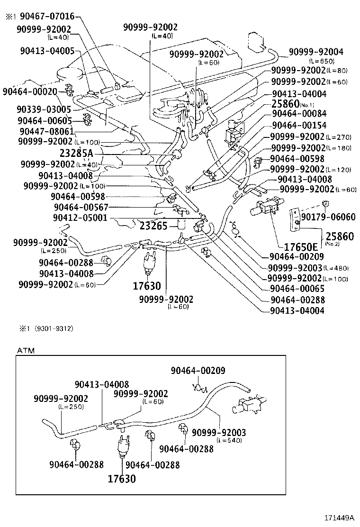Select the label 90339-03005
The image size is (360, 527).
click(x=43, y=109)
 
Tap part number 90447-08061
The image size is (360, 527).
click(x=46, y=131)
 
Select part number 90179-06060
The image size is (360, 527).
click(x=328, y=217)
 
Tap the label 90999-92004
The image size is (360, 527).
click(x=316, y=52)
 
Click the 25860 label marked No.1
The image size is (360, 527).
click(x=286, y=104)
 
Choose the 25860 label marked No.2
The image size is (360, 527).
click(x=338, y=236)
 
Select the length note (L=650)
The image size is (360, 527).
click(x=322, y=61)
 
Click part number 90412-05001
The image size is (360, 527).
click(x=80, y=218)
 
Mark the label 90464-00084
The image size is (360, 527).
click(x=299, y=114)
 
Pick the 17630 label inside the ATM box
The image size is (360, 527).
click(x=121, y=478)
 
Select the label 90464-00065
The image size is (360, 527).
click(x=297, y=289)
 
